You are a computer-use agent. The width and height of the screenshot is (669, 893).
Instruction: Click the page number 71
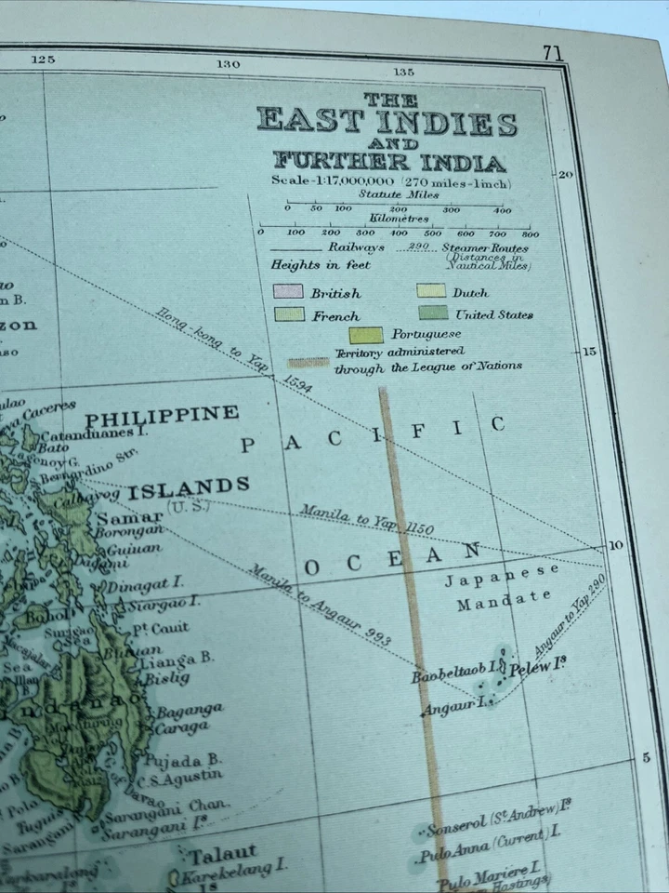(x=553, y=54)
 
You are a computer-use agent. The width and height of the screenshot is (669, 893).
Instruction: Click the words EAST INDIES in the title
(x=387, y=122)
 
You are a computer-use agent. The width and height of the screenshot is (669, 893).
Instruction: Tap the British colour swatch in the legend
(x=287, y=292)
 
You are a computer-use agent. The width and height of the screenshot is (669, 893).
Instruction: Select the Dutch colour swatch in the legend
(x=431, y=291)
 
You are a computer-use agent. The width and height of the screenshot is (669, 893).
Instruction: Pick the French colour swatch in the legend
(x=289, y=314)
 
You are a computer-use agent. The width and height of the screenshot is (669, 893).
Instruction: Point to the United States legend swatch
(x=432, y=313)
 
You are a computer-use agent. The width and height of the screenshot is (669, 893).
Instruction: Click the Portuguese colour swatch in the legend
(x=366, y=335)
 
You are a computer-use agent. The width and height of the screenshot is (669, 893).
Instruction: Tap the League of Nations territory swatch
(x=306, y=360)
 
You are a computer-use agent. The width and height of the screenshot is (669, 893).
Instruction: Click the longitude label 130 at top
(x=228, y=64)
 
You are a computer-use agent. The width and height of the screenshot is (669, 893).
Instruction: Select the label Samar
(x=144, y=517)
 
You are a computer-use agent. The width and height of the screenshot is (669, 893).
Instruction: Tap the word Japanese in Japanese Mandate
(x=502, y=577)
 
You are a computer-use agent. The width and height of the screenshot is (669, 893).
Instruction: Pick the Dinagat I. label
(x=145, y=585)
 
